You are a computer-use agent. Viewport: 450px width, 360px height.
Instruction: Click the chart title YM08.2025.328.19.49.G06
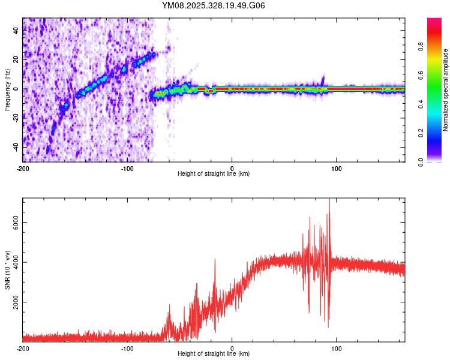[x=214, y=6]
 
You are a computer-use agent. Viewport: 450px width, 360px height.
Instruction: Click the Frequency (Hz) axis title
[x=7, y=89]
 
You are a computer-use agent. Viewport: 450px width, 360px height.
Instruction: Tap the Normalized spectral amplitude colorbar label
[x=446, y=90]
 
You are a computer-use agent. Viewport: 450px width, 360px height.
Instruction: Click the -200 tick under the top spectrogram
[x=23, y=168]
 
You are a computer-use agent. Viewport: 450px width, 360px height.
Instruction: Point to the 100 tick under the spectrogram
[x=337, y=168]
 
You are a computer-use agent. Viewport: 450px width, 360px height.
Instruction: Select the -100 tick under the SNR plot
[x=127, y=348]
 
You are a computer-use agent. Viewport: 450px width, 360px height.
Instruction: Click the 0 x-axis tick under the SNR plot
[x=232, y=348]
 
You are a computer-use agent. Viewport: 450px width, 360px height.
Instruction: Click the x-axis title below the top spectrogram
[x=214, y=174]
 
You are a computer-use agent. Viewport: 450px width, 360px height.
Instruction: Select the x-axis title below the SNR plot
[x=214, y=354]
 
